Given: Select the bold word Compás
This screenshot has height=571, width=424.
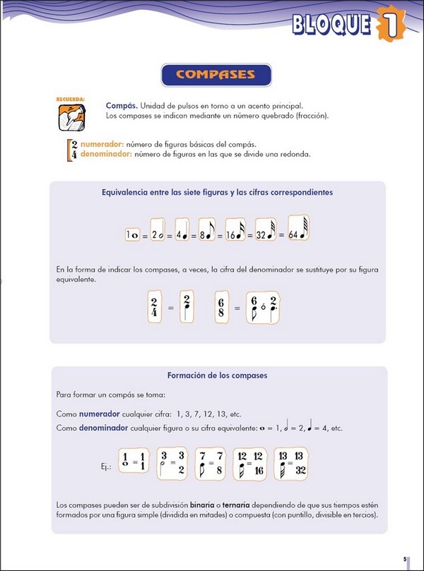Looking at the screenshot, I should coord(119,104).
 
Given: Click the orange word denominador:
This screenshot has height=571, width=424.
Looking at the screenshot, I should coord(106,153).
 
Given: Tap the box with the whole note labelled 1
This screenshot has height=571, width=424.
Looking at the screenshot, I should coord(132,235).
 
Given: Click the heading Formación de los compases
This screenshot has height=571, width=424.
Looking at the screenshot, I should coord(217,375).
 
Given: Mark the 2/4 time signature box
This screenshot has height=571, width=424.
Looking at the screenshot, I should coord(154,306).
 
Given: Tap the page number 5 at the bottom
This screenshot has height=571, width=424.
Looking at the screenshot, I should coord(405,557).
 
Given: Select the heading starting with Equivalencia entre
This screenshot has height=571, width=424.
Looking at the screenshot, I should coord(217,192).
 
